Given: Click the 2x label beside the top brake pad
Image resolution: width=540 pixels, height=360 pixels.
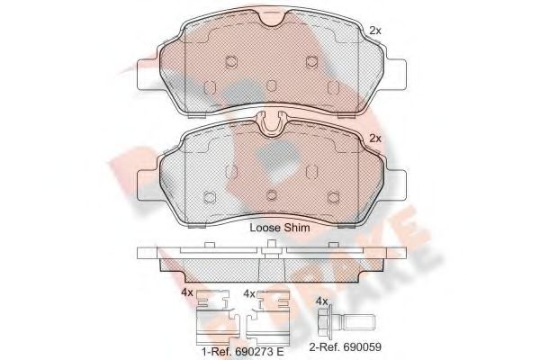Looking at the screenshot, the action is point(375,31).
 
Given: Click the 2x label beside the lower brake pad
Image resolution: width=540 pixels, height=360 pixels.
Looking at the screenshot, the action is point(375,138).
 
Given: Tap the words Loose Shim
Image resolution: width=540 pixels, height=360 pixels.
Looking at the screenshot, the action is point(280,228).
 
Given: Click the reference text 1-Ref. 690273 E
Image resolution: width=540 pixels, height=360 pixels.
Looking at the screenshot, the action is point(243,351).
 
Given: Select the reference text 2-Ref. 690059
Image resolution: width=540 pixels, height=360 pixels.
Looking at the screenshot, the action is point(345,346).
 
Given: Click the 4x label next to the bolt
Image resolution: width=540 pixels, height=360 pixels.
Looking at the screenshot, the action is point(321,301).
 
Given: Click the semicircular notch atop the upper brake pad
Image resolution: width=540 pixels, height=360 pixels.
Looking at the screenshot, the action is point(273,19).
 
